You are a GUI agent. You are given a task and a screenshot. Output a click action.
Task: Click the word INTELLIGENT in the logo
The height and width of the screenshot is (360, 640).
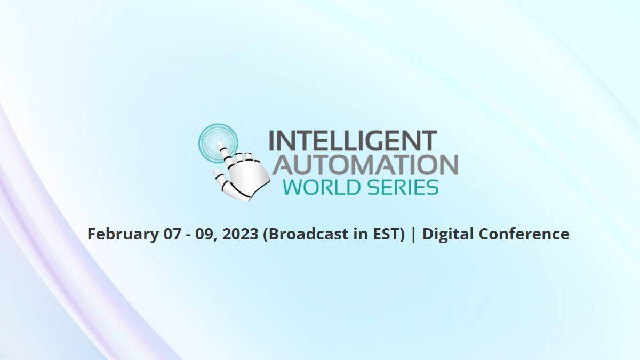tap(353, 141)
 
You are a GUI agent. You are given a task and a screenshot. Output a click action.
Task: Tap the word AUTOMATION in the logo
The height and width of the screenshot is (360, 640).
tap(366, 165)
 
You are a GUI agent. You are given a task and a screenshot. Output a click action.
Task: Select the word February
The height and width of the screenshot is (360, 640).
tap(123, 234)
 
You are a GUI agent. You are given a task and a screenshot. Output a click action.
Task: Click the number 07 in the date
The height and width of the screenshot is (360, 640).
tap(172, 234)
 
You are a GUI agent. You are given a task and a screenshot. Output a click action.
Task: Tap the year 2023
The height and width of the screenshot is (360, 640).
tap(241, 234)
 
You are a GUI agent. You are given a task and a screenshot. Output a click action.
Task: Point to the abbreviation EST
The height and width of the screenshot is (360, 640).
tap(387, 234)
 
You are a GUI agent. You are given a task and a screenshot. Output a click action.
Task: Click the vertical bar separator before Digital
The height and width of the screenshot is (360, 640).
tap(413, 234)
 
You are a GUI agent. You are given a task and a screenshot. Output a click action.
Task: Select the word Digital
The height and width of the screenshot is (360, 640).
tap(449, 234)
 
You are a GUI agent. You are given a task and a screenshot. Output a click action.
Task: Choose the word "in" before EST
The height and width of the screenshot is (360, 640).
tap(361, 234)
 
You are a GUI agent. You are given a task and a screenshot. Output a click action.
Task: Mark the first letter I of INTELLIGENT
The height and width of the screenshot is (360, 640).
tap(271, 141)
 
